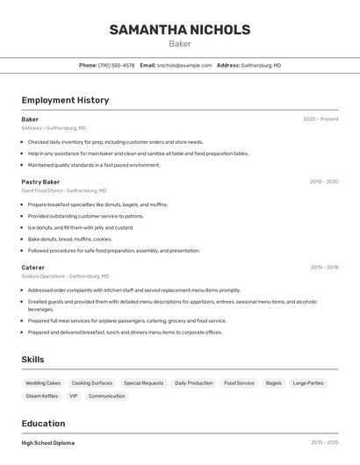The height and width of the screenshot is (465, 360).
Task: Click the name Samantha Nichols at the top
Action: [x=179, y=30]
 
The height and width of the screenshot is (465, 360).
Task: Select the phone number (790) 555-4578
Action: [x=117, y=65]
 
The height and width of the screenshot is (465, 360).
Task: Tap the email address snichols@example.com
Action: [x=184, y=65]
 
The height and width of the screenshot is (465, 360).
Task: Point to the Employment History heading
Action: [x=65, y=100]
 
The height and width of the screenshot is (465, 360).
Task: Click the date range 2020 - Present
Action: [x=320, y=119]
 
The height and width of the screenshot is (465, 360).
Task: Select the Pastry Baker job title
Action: [x=40, y=182]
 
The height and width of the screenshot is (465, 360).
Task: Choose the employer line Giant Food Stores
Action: [x=64, y=190]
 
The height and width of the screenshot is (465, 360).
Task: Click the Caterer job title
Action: [x=33, y=267]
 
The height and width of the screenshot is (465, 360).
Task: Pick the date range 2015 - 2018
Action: [x=324, y=267]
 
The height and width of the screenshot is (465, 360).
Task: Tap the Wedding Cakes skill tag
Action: [x=43, y=383]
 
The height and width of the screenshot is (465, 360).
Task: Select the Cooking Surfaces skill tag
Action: [x=92, y=383]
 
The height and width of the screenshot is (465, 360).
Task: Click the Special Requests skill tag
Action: [x=143, y=383]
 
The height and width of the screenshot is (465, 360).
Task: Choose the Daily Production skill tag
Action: [x=194, y=383]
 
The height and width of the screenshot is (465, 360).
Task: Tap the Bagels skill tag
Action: [x=274, y=383]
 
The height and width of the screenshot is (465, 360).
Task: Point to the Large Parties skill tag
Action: [x=308, y=383]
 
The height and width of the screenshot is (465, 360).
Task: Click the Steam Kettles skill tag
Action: [x=42, y=397]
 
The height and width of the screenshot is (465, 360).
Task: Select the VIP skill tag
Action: [x=74, y=397]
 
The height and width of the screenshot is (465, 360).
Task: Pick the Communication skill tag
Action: [x=107, y=397]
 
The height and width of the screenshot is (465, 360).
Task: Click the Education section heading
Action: [x=43, y=424]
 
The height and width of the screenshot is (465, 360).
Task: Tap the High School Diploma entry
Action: [x=48, y=443]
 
